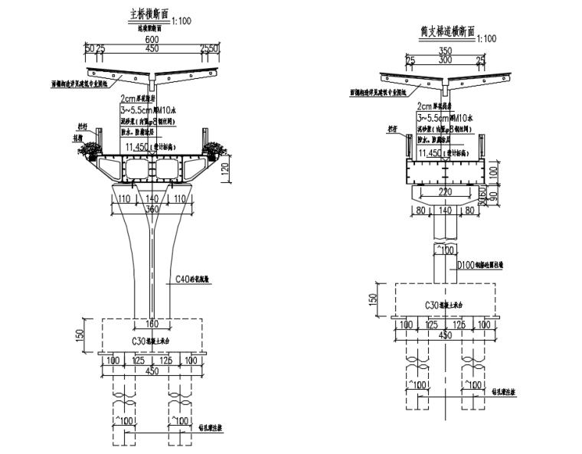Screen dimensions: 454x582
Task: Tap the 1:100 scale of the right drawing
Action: (x=484, y=38)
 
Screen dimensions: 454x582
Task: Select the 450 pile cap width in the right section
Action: (x=445, y=334)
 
